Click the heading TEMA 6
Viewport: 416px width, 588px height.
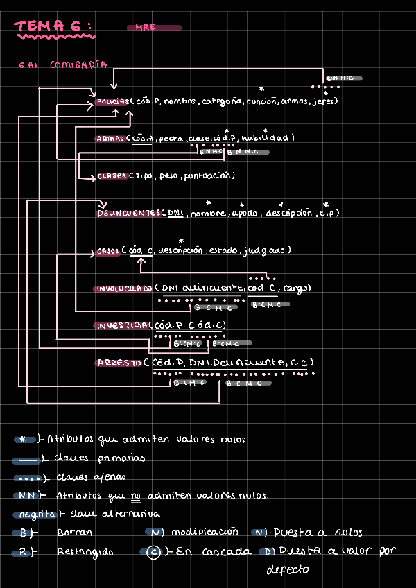[53, 27]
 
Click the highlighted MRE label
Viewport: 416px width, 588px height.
[146, 28]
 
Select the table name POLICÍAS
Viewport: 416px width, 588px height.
[113, 102]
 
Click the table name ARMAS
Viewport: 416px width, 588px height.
[111, 139]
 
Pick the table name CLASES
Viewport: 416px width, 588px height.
[112, 176]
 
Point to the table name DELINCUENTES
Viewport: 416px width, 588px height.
[128, 213]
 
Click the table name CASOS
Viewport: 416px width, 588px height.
[108, 250]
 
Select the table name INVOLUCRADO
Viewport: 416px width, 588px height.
[124, 288]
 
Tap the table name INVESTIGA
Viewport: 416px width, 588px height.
[122, 325]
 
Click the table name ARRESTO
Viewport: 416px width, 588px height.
[119, 363]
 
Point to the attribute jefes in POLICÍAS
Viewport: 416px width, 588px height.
[324, 101]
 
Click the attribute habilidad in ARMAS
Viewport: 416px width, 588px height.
[272, 138]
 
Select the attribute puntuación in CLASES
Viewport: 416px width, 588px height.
[209, 176]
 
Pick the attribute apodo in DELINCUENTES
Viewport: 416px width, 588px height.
[245, 214]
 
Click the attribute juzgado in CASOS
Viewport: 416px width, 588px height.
[267, 250]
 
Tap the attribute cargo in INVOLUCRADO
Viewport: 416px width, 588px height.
[297, 288]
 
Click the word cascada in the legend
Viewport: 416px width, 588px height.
[227, 553]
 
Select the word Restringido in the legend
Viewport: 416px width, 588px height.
[85, 552]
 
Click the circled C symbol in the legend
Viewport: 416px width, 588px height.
[154, 553]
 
